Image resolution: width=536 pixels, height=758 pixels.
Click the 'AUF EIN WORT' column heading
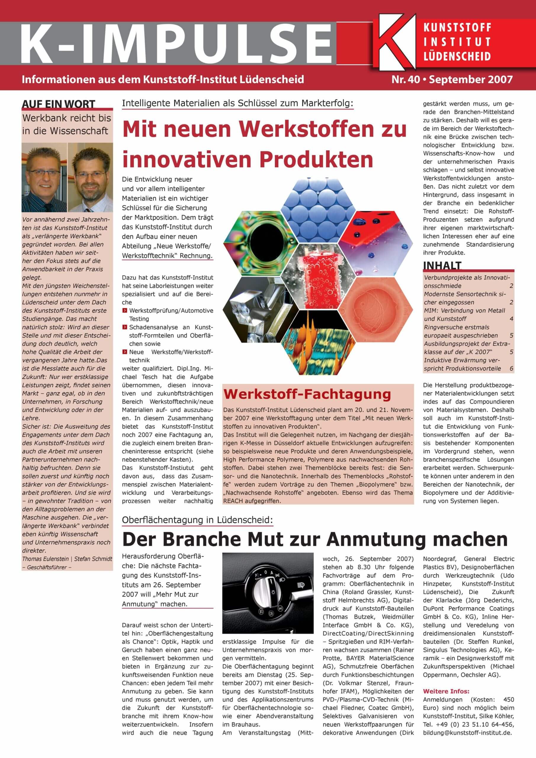click(58, 104)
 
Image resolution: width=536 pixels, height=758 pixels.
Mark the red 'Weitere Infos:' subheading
click(446, 691)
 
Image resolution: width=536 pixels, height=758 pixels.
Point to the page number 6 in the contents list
click(511, 368)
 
